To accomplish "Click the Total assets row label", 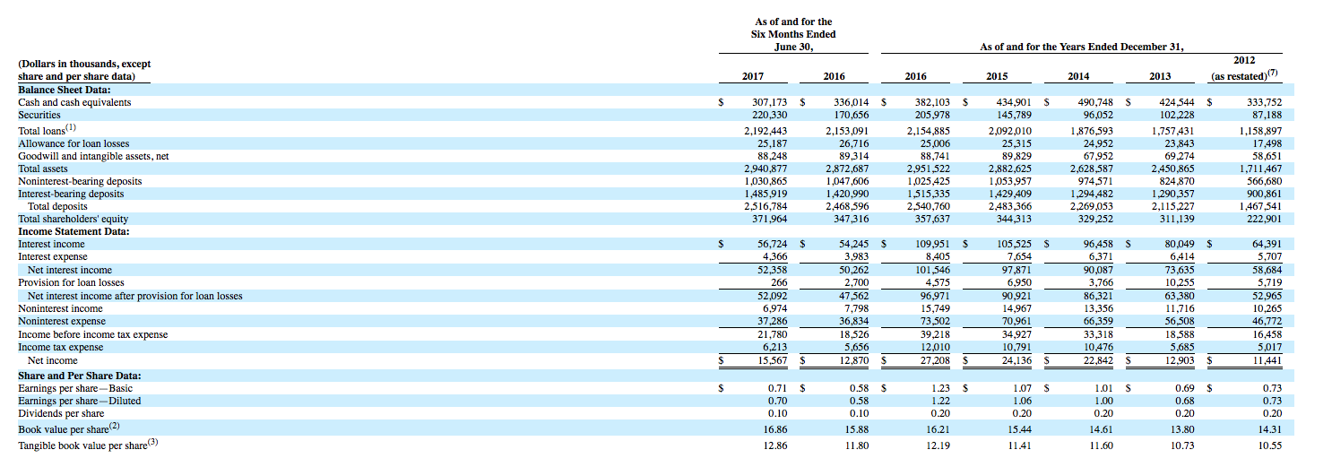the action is [43, 169].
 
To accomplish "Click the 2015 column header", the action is [998, 76].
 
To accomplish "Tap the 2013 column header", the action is [1160, 76].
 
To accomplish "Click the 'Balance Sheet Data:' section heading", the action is [65, 90].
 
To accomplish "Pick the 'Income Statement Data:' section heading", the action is [74, 231].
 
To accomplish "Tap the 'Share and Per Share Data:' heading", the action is [80, 376].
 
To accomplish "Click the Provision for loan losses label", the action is [72, 282].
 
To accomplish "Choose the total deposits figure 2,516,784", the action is [765, 206].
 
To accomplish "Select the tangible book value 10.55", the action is [1270, 445].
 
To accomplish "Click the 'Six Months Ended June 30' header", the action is [793, 34].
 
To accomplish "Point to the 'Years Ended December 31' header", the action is [1082, 47].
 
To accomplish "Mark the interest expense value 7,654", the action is [1019, 257].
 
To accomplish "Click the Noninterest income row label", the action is [60, 308].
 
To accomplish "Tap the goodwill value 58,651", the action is [1267, 156].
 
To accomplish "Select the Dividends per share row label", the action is [61, 413].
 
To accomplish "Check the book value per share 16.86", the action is [775, 429].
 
